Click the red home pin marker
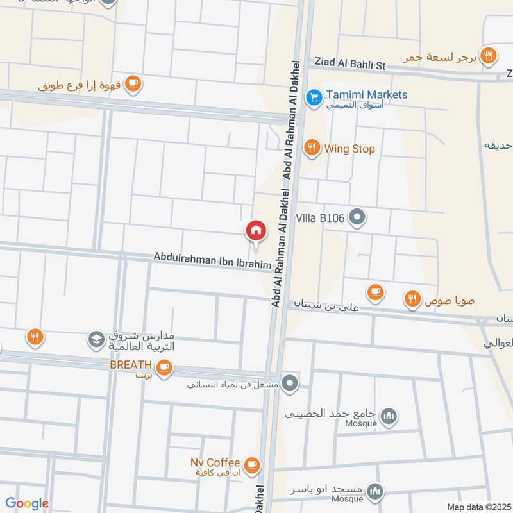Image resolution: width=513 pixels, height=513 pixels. tap(256, 230)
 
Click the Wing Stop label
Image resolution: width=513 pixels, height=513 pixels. tap(349, 149)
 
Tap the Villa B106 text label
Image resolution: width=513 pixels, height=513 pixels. tap(320, 218)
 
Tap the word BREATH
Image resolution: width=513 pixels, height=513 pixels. tap(130, 364)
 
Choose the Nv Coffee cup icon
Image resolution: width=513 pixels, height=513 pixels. tap(252, 464)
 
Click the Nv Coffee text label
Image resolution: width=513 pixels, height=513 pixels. tap(215, 462)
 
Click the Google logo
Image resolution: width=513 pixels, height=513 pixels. tap(27, 504)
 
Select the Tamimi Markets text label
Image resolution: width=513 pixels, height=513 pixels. tap(366, 95)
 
